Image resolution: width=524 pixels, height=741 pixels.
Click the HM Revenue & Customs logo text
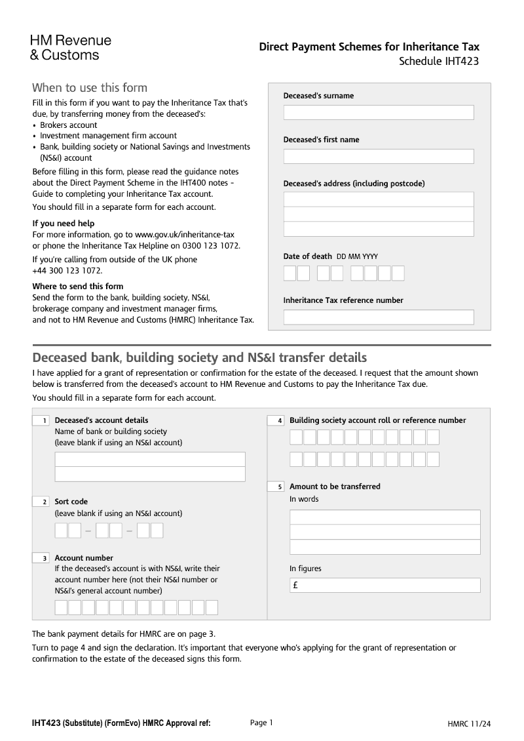(71, 48)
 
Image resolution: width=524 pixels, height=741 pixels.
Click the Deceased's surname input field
(378, 113)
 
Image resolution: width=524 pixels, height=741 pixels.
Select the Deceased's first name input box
(378, 157)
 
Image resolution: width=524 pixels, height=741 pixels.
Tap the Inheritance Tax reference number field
(378, 317)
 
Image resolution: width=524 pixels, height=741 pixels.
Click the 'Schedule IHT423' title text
(439, 62)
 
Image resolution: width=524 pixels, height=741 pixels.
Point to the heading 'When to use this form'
(90, 88)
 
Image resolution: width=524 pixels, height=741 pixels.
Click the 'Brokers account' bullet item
(68, 125)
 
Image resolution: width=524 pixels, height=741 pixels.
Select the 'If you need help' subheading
(64, 224)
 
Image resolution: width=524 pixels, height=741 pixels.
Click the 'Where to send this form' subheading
(77, 287)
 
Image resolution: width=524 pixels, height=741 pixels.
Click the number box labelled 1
(41, 420)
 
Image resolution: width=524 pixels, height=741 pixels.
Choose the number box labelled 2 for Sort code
(41, 502)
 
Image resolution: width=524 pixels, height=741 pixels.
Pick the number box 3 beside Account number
(41, 558)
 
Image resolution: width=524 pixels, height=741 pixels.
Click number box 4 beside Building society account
(276, 420)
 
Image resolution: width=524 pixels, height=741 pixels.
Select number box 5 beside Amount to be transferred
(276, 487)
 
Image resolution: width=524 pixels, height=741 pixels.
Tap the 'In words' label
(304, 499)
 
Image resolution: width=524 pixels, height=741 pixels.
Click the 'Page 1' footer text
(261, 723)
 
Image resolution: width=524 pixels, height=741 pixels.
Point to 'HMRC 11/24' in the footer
(469, 724)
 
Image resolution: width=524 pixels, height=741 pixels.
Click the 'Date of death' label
(307, 256)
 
